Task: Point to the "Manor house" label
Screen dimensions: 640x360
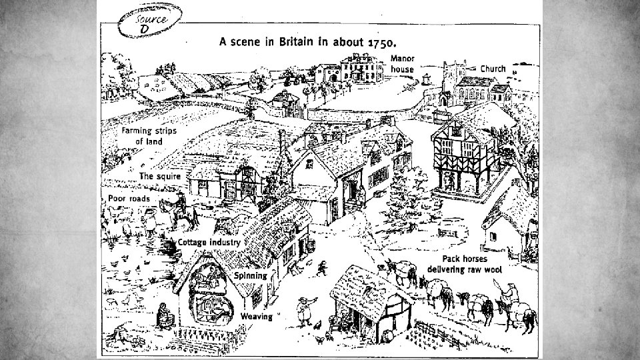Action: [403, 64]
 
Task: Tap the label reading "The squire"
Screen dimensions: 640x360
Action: [161, 176]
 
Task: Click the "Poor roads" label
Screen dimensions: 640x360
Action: [130, 199]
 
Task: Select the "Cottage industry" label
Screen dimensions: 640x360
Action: [209, 243]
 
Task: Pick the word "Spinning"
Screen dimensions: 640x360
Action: [250, 275]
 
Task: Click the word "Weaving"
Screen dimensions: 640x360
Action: [256, 316]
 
